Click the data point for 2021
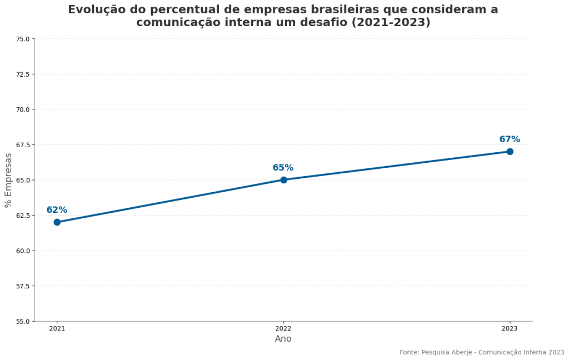pyautogui.click(x=57, y=222)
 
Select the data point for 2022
pyautogui.click(x=283, y=180)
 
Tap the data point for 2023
pyautogui.click(x=510, y=152)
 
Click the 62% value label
pyautogui.click(x=57, y=210)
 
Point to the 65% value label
pyautogui.click(x=283, y=168)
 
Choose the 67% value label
pyautogui.click(x=510, y=139)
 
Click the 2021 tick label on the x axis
pyautogui.click(x=57, y=329)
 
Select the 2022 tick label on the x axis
pyautogui.click(x=283, y=329)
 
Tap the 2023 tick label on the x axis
pyautogui.click(x=510, y=329)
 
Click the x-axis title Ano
pyautogui.click(x=283, y=339)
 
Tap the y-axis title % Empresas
pyautogui.click(x=8, y=180)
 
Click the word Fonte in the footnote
pyautogui.click(x=409, y=352)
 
